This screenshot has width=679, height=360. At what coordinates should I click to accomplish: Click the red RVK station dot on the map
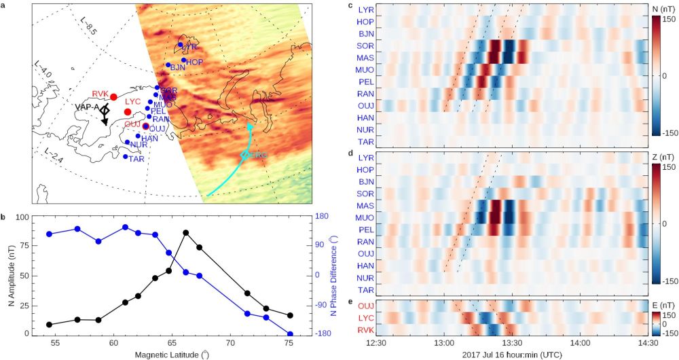coord(113,97)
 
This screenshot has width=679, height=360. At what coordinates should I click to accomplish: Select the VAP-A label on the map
coord(86,107)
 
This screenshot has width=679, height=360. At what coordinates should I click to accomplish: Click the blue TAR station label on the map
coord(136,159)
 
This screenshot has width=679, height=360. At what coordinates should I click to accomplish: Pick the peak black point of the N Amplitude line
coord(186,233)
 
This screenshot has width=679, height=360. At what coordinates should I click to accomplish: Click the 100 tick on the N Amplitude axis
coord(23,217)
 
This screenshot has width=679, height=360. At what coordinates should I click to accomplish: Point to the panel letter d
coord(350,154)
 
